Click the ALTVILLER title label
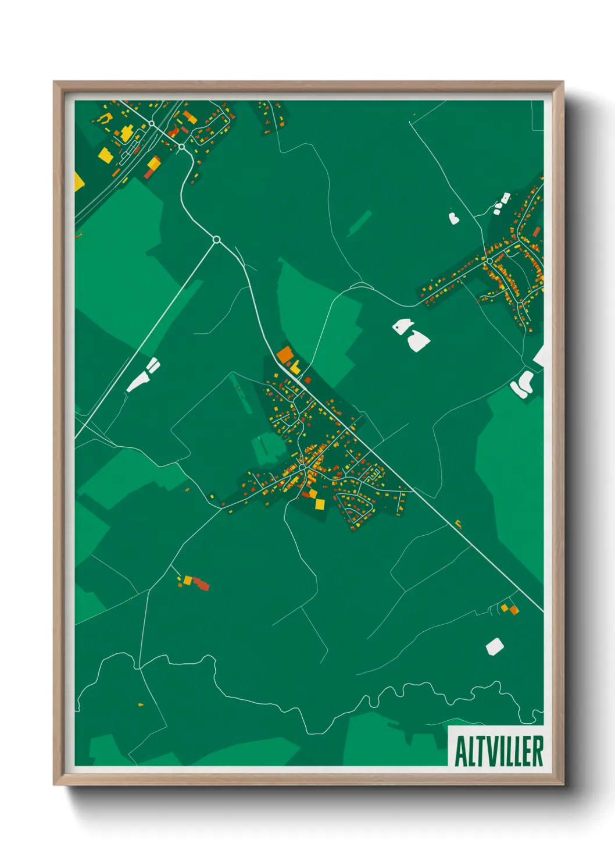(x=498, y=751)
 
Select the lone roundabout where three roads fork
(x=216, y=239)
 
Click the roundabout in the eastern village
(x=489, y=261)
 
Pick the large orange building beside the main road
(x=285, y=354)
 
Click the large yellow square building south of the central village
(x=320, y=504)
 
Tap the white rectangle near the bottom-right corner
(x=494, y=646)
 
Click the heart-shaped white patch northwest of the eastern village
(x=454, y=218)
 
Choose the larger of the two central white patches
(x=418, y=340)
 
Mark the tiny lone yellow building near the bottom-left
(x=141, y=705)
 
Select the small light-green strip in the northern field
(x=360, y=222)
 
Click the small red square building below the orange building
(x=307, y=380)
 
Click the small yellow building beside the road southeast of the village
(x=458, y=523)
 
